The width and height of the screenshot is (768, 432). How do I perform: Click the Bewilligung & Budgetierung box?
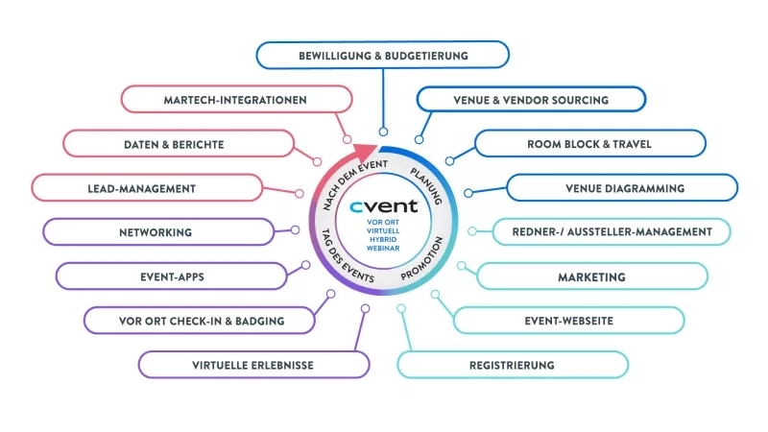pos(382,55)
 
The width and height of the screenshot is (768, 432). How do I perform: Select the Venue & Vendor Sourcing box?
pos(531,99)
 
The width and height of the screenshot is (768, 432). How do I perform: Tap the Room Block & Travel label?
pos(588,144)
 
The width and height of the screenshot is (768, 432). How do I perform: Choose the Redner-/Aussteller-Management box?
pos(612,231)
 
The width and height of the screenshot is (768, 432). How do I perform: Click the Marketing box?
pos(591,276)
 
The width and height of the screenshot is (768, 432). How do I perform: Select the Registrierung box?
pos(512,365)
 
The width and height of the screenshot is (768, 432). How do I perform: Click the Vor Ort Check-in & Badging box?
pos(198,321)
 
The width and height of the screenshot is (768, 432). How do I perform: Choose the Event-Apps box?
pos(172,276)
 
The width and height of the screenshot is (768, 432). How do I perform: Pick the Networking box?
pos(156,232)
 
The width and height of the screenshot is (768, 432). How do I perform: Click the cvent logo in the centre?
pos(383,204)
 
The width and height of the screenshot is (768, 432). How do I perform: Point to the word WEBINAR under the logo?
pos(383,252)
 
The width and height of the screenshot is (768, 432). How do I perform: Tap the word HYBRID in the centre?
pos(383,242)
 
